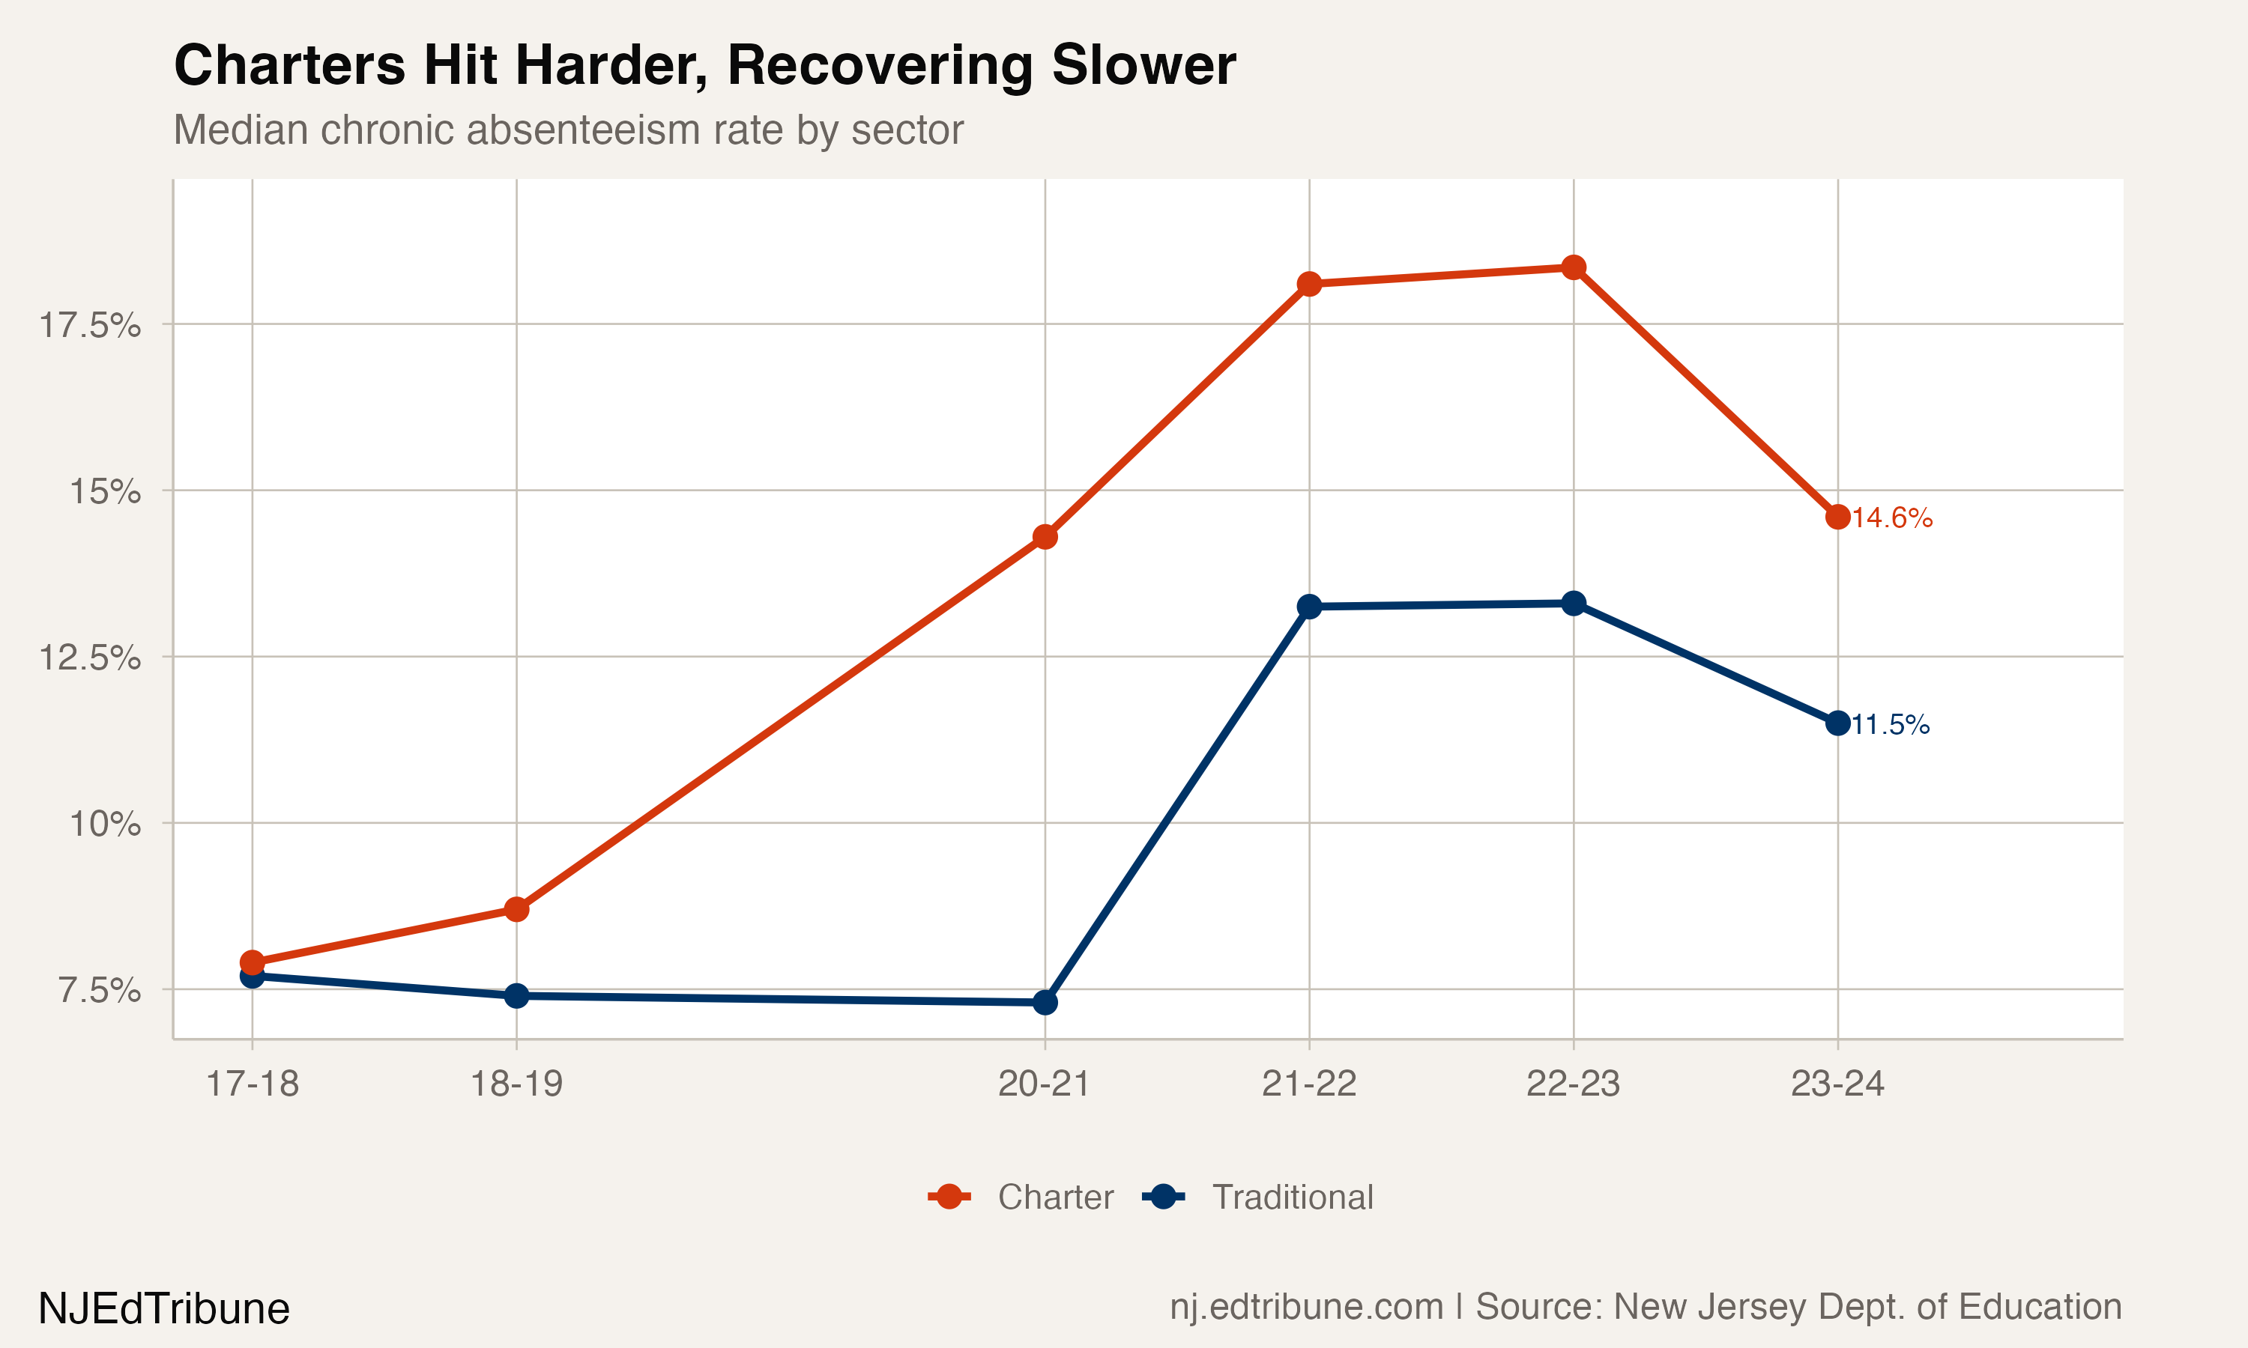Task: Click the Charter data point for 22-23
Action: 1574,267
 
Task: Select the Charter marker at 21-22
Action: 1309,285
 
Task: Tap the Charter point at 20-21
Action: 1045,537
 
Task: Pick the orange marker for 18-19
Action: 516,909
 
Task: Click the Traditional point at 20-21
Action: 1045,1003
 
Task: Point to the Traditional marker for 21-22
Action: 1309,607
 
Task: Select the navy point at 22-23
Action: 1574,603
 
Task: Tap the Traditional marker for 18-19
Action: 516,997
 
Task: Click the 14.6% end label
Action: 1892,517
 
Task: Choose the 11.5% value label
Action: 1890,725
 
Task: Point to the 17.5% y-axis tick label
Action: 89,325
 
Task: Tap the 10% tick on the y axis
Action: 104,824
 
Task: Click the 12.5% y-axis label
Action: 89,658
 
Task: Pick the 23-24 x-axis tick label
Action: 1837,1084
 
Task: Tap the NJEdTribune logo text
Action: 163,1309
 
